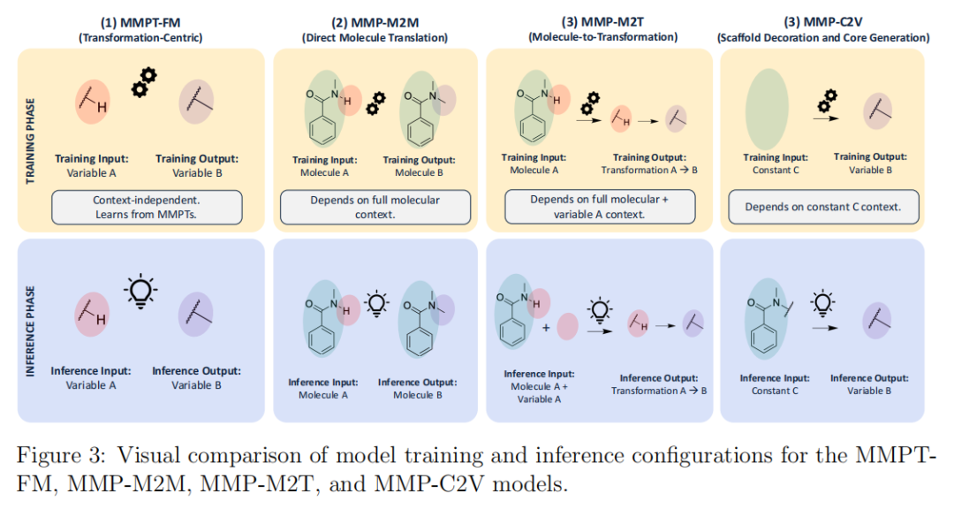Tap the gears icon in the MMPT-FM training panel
coord(143,82)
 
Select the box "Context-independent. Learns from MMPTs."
coord(147,208)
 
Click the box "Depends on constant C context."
coord(822,207)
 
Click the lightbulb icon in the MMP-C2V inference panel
coord(824,301)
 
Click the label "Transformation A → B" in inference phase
coord(659,391)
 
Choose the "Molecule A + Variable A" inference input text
coord(539,392)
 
